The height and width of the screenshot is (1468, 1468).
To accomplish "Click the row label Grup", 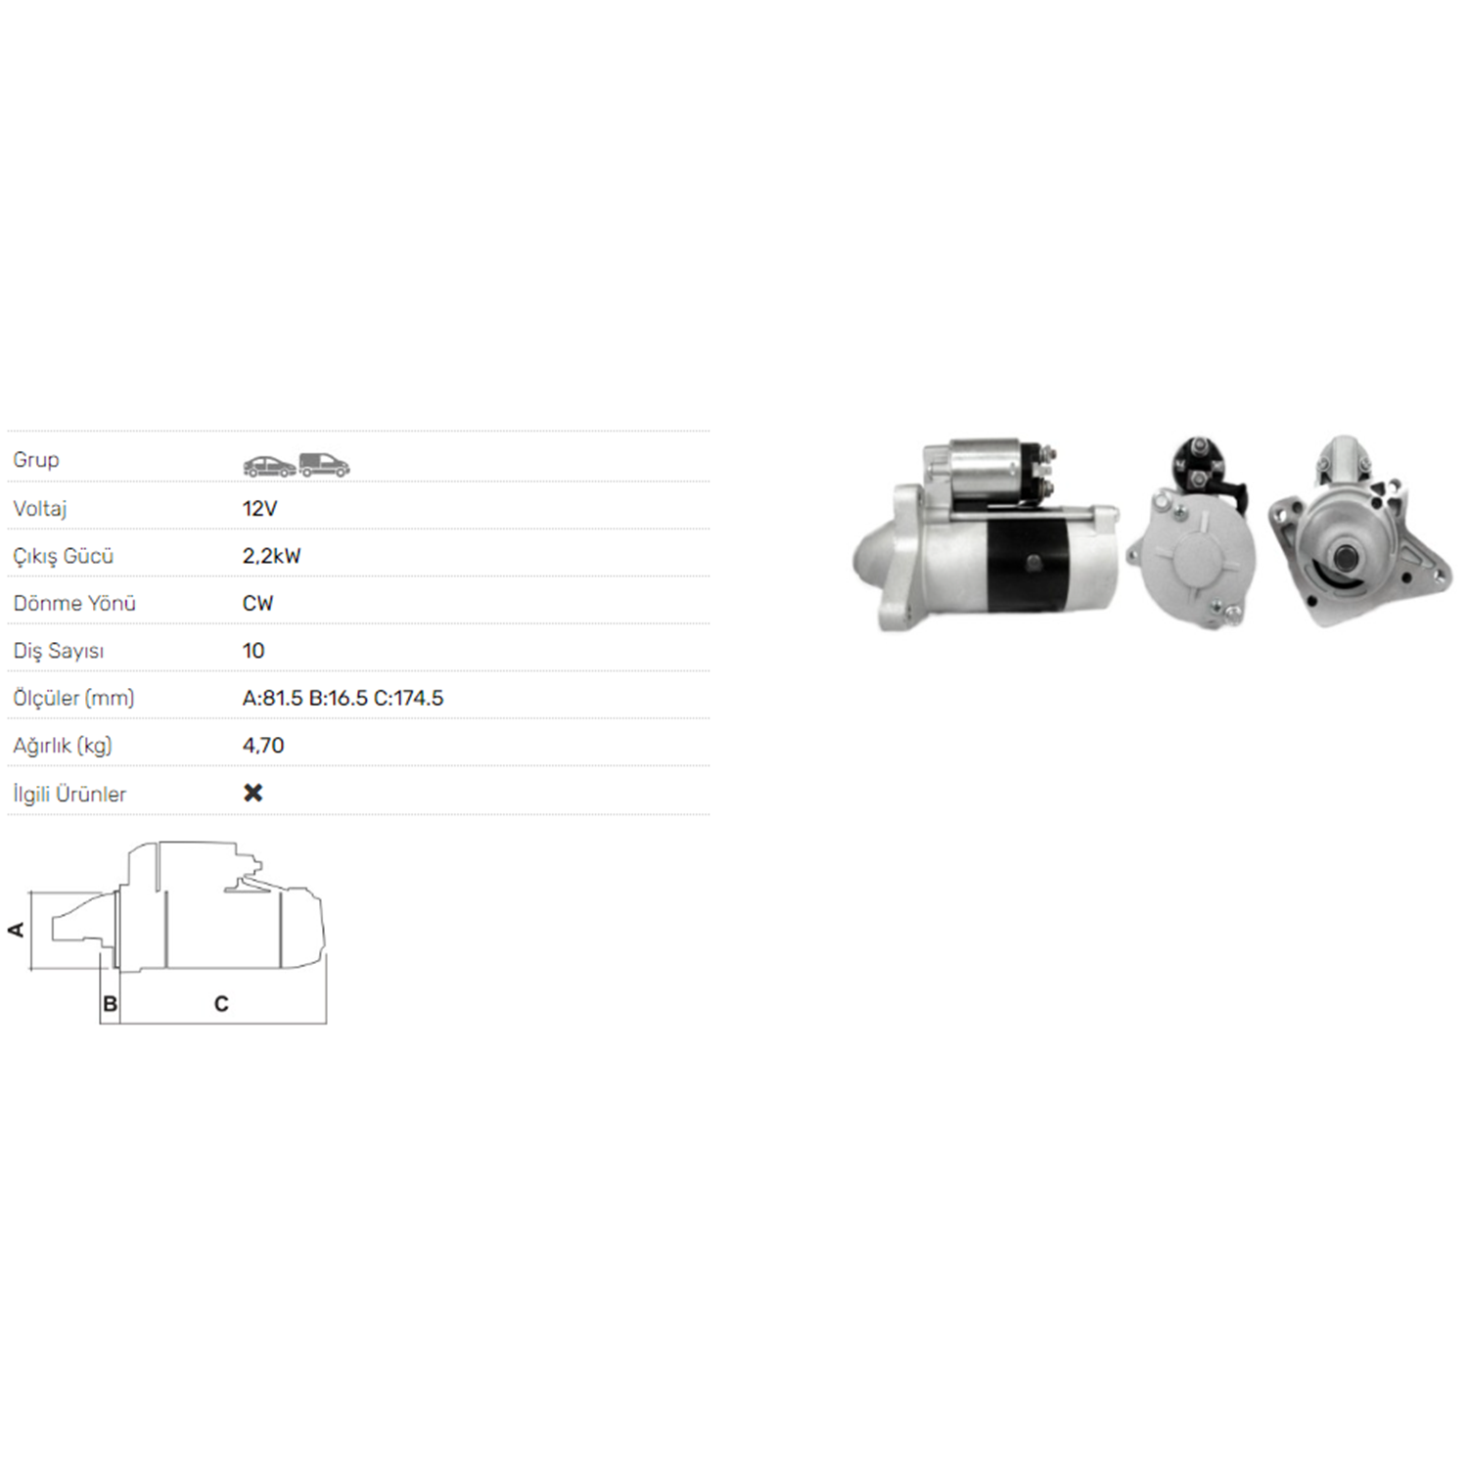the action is click(36, 460).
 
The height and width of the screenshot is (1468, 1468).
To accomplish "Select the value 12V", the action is click(259, 508).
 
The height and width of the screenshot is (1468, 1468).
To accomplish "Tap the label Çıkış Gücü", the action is click(64, 556).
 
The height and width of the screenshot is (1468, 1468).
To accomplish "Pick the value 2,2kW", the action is click(271, 556).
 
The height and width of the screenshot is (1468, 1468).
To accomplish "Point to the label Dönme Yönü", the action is click(74, 603).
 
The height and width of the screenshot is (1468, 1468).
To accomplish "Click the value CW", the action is click(257, 603).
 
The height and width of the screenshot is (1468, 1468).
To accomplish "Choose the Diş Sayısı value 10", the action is click(253, 651).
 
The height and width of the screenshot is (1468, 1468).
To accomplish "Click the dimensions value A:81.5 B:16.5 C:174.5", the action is click(343, 698).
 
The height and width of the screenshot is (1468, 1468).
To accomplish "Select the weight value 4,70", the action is click(263, 746).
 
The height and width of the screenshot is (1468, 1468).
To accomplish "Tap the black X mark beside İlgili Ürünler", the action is click(253, 793).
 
